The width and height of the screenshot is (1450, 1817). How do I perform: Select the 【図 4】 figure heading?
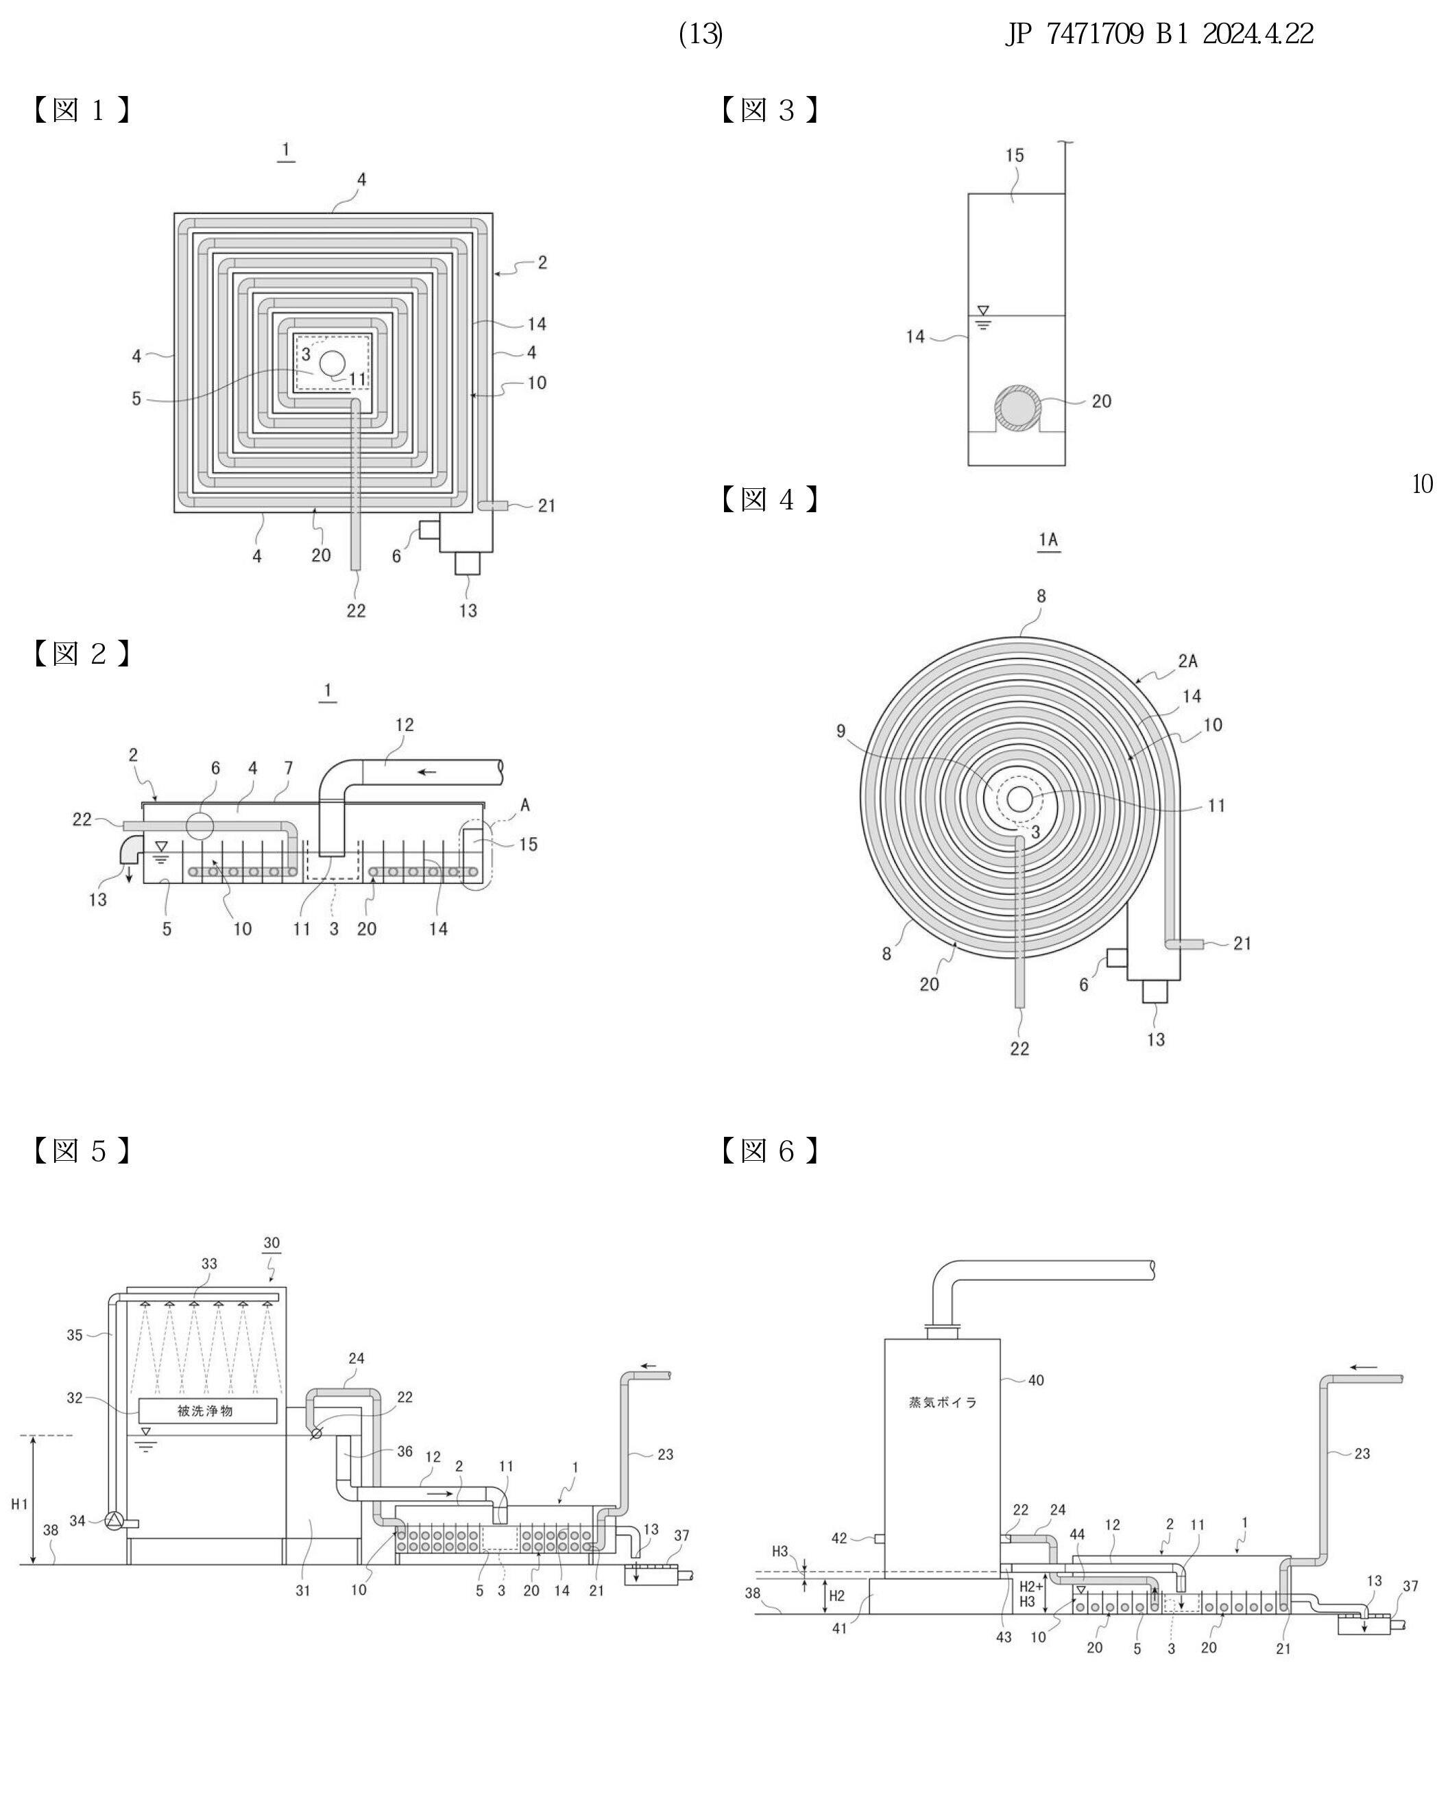[769, 500]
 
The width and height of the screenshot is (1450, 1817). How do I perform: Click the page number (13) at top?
[700, 34]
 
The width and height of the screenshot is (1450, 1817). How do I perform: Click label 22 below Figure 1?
[356, 610]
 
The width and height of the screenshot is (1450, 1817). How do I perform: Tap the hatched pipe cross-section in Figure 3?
[1016, 409]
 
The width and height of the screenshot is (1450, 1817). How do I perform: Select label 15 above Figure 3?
[1015, 156]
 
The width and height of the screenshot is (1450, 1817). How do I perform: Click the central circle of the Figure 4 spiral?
[1019, 799]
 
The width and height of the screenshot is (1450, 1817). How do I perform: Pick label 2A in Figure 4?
[1187, 662]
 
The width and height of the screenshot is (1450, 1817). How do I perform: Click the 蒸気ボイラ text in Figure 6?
[942, 1402]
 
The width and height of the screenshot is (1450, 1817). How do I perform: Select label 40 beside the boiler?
[1035, 1380]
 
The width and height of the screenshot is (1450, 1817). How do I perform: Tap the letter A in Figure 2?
[525, 805]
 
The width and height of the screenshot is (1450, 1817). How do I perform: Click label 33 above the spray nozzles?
[209, 1263]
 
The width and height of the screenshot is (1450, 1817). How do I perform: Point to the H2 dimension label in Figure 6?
[836, 1596]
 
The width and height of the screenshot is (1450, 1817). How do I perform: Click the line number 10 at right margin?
[1421, 484]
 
